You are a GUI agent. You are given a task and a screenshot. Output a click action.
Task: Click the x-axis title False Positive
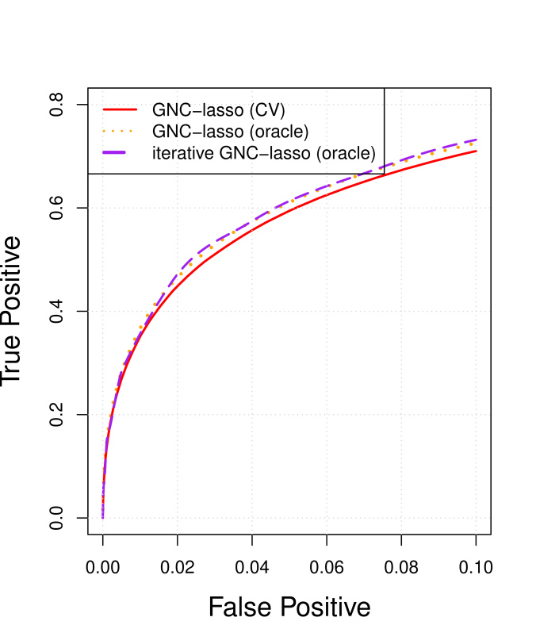click(x=289, y=608)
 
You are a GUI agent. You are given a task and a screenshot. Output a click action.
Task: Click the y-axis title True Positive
click(x=11, y=312)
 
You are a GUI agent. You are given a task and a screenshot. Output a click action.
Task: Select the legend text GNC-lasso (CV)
click(x=218, y=109)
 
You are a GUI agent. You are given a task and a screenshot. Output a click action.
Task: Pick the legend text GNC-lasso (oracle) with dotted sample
click(x=230, y=131)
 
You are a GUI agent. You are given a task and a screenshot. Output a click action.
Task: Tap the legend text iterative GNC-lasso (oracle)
click(x=263, y=153)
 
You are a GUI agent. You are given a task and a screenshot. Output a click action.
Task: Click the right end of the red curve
click(x=476, y=151)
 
